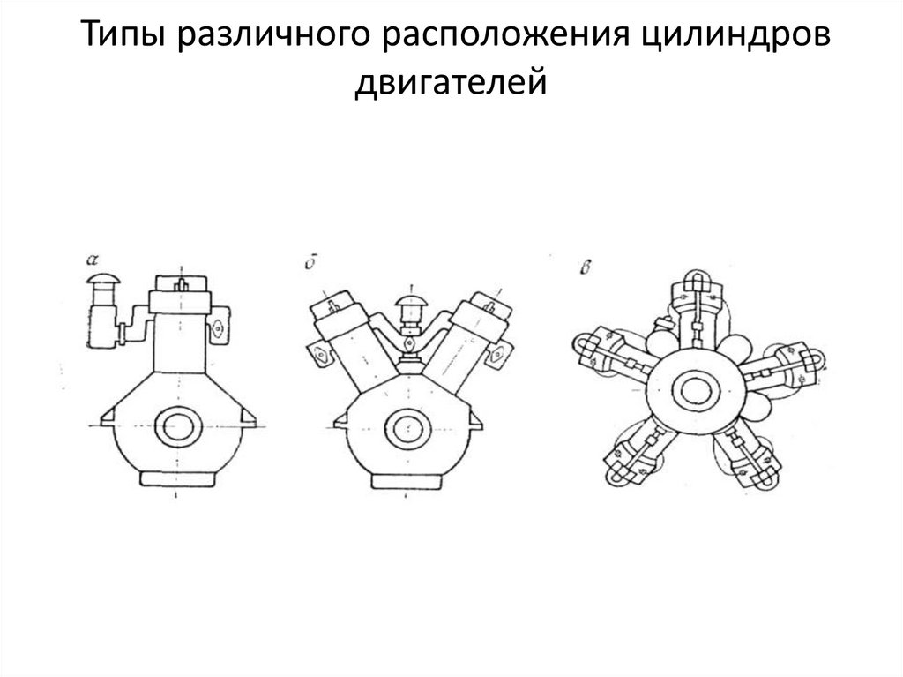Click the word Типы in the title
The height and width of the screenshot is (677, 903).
(x=123, y=34)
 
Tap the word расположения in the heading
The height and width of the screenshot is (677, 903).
(x=505, y=34)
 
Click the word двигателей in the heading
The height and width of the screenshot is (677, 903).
(x=451, y=80)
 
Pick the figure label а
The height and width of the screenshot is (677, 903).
(x=92, y=260)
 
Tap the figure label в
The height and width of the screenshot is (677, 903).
(x=585, y=267)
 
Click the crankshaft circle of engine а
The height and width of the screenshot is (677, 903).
(x=180, y=426)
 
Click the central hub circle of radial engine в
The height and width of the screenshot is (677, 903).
(x=695, y=390)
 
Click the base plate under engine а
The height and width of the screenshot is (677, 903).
(x=179, y=478)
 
